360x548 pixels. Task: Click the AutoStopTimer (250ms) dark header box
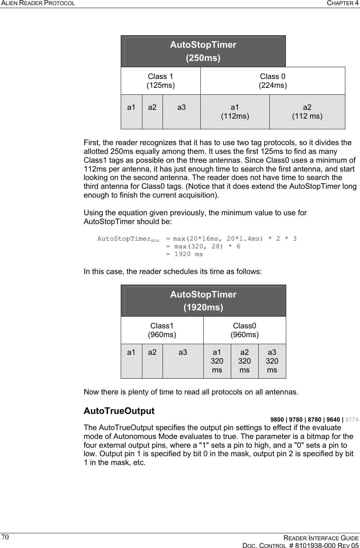[x=203, y=51]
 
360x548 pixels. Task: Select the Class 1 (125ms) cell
[x=161, y=81]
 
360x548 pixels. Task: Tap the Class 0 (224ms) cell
[x=273, y=81]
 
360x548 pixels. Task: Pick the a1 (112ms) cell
[x=235, y=112]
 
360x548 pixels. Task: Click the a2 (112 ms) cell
[x=307, y=112]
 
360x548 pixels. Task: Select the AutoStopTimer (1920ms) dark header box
[x=203, y=300]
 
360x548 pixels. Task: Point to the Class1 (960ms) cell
[x=162, y=330]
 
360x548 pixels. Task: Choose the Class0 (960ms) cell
[x=244, y=330]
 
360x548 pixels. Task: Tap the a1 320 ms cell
[x=217, y=361]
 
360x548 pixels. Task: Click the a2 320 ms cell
[x=244, y=361]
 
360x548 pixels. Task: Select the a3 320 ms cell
[x=272, y=361]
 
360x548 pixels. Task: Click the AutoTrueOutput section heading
[x=119, y=411]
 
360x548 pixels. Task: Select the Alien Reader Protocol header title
[x=38, y=3]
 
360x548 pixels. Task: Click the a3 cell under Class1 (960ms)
[x=183, y=353]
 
